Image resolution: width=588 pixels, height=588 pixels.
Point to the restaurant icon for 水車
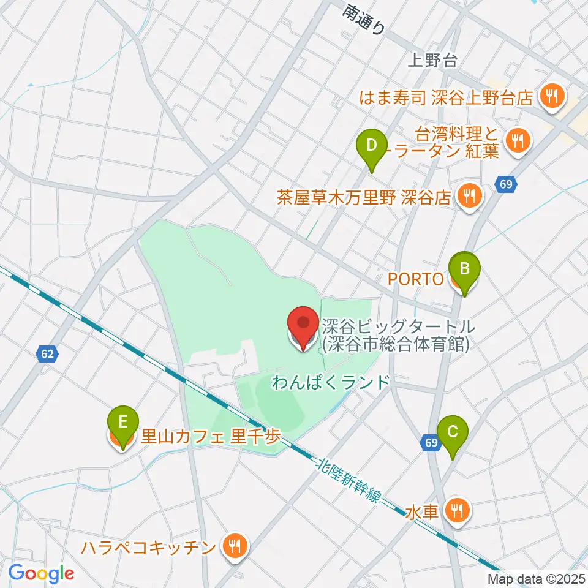tap(456, 510)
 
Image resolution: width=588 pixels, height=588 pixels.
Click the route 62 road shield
tap(47, 353)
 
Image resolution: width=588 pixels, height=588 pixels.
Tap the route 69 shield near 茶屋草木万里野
tap(505, 184)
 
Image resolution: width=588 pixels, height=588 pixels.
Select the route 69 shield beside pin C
tap(431, 443)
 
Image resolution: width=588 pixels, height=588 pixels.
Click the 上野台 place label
tap(432, 59)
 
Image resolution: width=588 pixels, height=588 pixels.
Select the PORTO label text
tap(416, 280)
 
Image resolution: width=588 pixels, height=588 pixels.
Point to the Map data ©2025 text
tap(537, 578)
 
